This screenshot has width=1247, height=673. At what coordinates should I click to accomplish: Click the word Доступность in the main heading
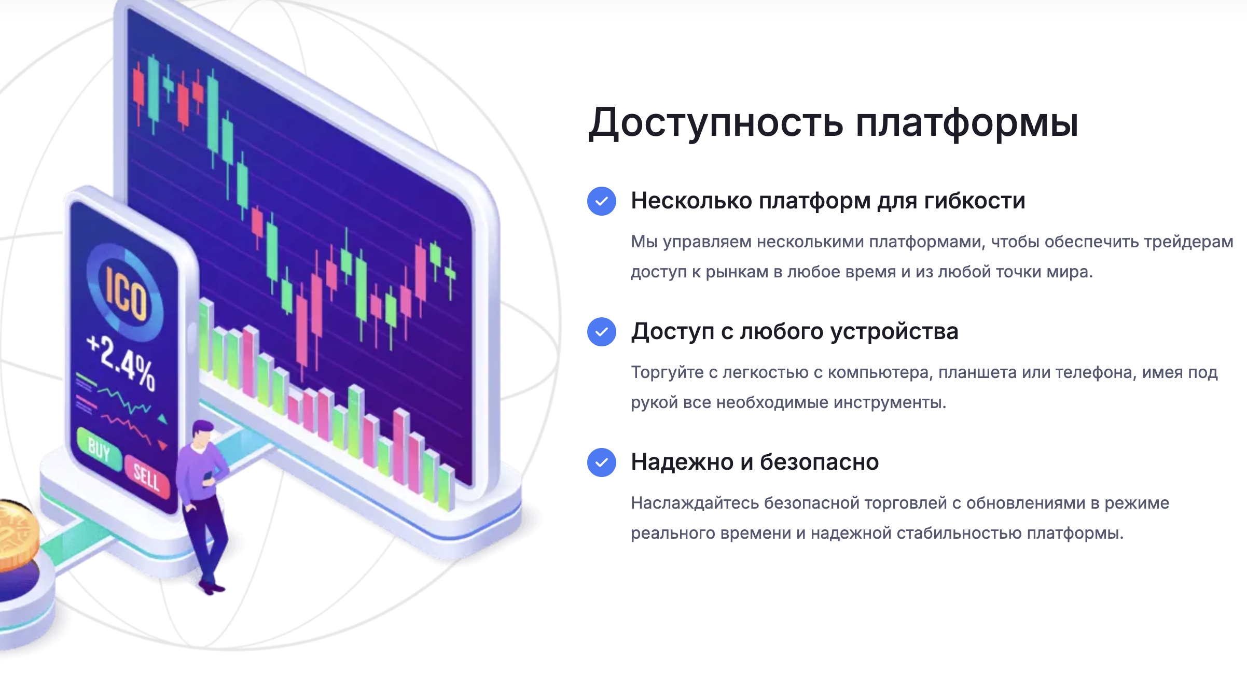coord(716,123)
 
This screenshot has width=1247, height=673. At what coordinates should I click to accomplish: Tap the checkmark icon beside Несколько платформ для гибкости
coord(602,201)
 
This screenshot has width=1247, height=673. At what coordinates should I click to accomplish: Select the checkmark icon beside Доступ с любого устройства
coord(602,332)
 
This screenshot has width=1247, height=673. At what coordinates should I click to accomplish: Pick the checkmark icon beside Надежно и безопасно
coord(602,462)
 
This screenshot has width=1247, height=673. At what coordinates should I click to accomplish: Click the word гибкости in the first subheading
coord(975,201)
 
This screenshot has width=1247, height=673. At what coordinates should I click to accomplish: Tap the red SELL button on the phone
coord(147,477)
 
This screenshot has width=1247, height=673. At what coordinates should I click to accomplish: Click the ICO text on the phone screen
coord(126,293)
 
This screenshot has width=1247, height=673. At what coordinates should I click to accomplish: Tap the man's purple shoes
coord(212,587)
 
